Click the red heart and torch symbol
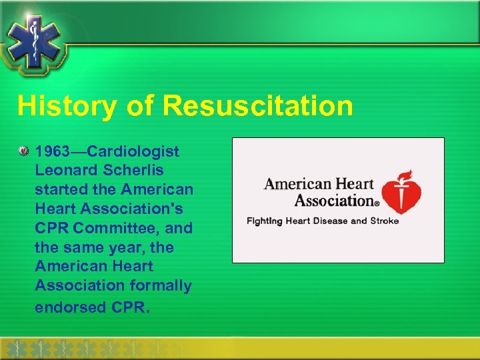point(404,189)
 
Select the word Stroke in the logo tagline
point(383,221)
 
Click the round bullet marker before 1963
point(23,152)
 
